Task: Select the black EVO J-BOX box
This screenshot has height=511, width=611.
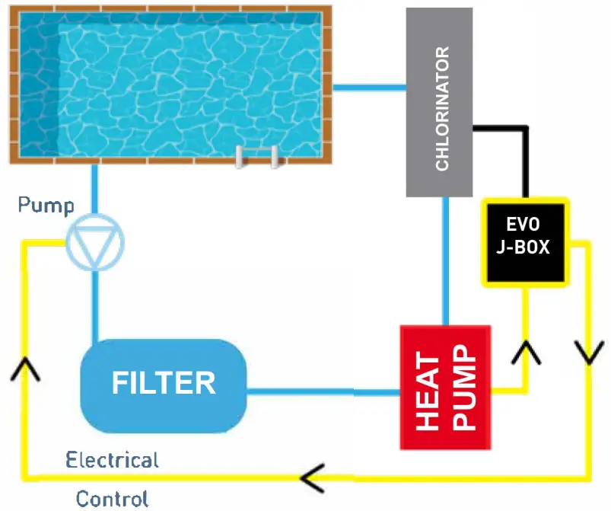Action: click(525, 242)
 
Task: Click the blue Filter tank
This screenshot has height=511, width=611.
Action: click(164, 384)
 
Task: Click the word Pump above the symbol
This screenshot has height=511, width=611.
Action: click(46, 206)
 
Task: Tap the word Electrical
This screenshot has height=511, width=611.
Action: click(112, 460)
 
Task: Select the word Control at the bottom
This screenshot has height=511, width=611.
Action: click(112, 499)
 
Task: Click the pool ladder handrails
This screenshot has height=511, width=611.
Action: click(257, 156)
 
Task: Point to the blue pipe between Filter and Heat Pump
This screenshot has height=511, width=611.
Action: click(324, 393)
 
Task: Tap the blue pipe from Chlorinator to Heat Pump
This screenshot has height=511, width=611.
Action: click(447, 259)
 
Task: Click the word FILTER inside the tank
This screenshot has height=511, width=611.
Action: click(164, 383)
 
